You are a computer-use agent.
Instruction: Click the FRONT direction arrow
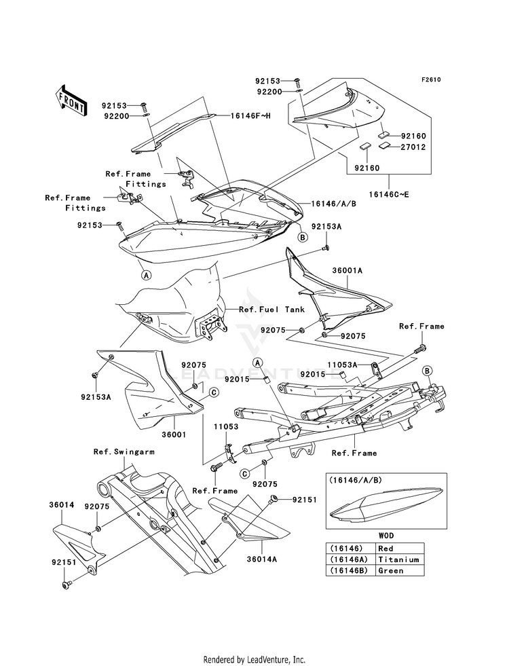tap(71, 101)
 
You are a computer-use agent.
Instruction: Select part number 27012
tap(413, 147)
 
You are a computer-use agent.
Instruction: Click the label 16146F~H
tap(250, 115)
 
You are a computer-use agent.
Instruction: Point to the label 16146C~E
tap(389, 195)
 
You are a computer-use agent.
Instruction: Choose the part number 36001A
tap(347, 270)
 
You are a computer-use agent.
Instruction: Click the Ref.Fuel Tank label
tap(271, 309)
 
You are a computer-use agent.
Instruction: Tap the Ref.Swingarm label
tap(124, 451)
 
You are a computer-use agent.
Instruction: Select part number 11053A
tap(342, 365)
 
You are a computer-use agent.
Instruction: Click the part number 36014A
tap(261, 559)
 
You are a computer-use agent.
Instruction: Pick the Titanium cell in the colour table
tap(398, 559)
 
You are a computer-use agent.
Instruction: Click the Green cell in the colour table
tap(390, 570)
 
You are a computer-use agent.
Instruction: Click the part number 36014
tap(62, 505)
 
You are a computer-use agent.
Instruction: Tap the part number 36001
tap(174, 434)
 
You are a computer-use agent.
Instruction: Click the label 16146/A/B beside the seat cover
tap(333, 204)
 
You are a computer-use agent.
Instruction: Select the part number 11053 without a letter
tap(226, 426)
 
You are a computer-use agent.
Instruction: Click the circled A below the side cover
tap(146, 275)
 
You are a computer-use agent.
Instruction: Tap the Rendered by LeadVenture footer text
tap(254, 660)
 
